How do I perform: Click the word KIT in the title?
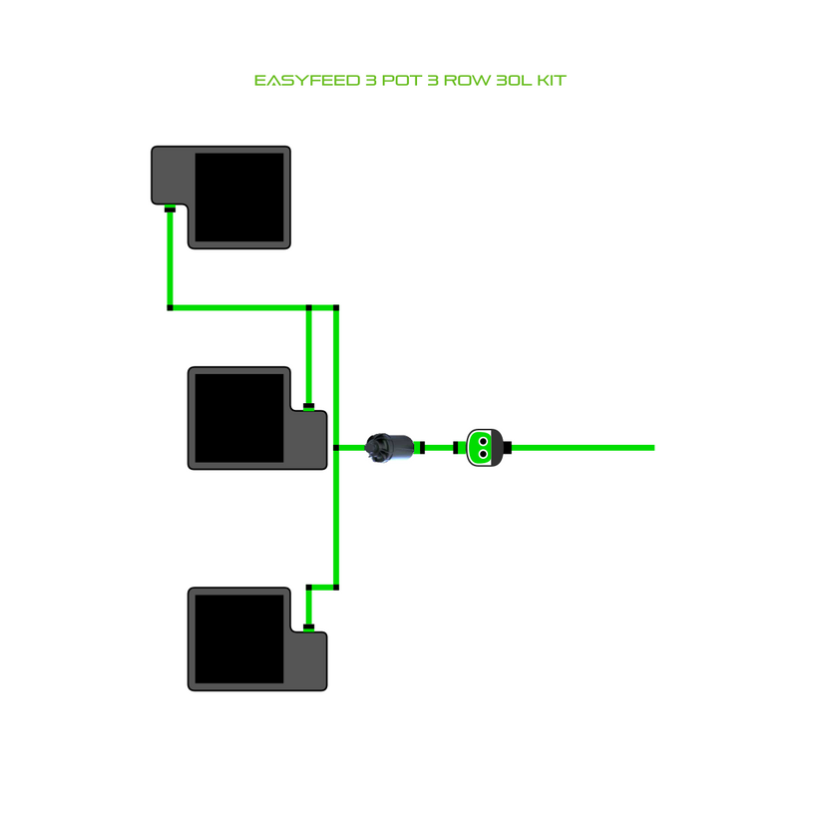click(x=552, y=80)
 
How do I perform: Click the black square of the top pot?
click(x=240, y=198)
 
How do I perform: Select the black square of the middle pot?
click(x=239, y=417)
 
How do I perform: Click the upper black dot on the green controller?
click(x=483, y=440)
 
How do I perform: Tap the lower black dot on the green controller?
click(x=483, y=454)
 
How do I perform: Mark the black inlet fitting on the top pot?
click(x=170, y=209)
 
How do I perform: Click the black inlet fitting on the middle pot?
click(x=309, y=406)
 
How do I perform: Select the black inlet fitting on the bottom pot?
click(x=309, y=626)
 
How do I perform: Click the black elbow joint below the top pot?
click(x=170, y=307)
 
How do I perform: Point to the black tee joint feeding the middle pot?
click(x=309, y=307)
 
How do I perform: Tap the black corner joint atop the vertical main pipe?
click(x=336, y=307)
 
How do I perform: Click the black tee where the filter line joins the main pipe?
click(x=336, y=448)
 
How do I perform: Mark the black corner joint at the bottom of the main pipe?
click(x=336, y=587)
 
